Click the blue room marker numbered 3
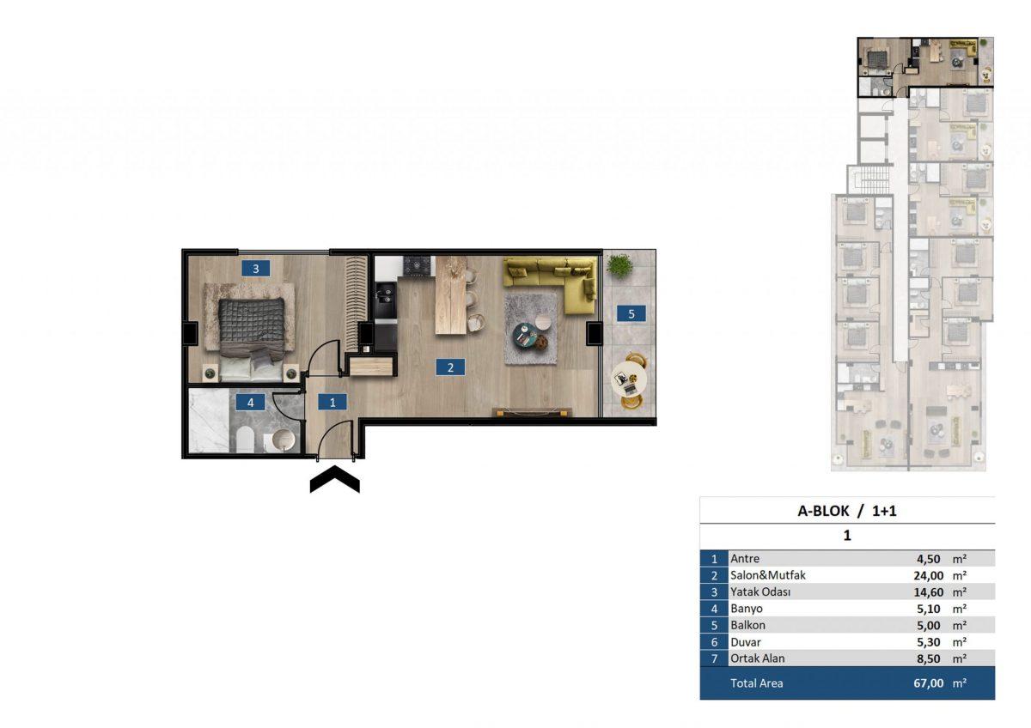coord(255,269)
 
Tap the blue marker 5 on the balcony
coord(631,313)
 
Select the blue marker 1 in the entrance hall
coord(332,403)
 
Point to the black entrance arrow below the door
coord(334,479)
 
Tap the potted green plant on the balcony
coord(619,265)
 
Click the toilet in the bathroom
coord(246,440)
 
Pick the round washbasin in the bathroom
coord(283,440)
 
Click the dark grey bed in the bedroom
coord(251,339)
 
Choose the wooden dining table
coord(451,294)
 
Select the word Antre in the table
coord(745,559)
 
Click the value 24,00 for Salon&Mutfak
coord(929,575)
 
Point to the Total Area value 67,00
coord(929,683)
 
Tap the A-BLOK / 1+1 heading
coord(847,511)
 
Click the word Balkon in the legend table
coord(747,625)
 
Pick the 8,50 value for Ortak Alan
coord(929,658)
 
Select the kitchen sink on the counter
coord(386,294)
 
